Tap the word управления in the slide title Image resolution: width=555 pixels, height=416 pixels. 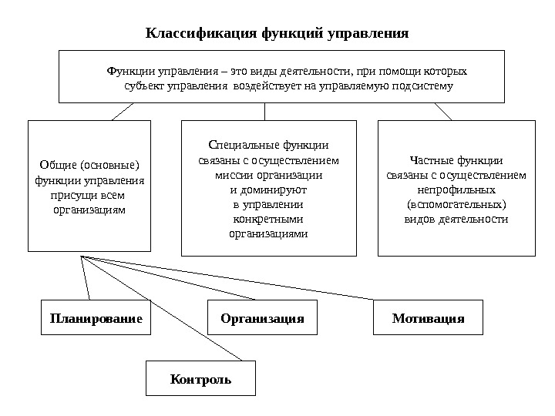tap(368, 34)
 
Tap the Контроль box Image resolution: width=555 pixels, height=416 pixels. tap(200, 380)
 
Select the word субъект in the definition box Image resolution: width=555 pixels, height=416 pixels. tap(143, 86)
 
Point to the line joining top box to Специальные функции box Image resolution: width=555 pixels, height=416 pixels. tap(264, 111)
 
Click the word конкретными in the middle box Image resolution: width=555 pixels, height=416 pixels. tap(268, 219)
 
